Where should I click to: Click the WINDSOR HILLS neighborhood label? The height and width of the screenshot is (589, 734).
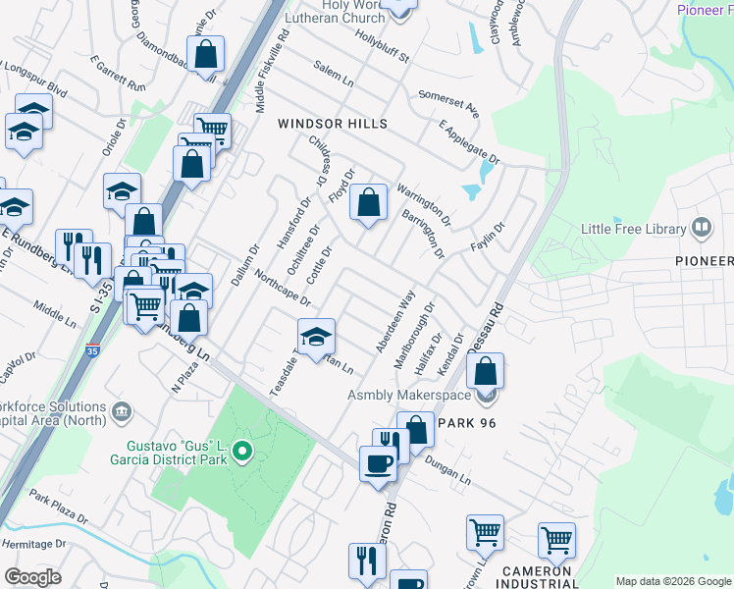(x=333, y=124)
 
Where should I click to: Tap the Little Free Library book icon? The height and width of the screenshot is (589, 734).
(x=702, y=229)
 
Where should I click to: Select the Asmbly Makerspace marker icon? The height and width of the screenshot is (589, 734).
(x=485, y=397)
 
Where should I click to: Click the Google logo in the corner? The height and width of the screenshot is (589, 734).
(x=33, y=577)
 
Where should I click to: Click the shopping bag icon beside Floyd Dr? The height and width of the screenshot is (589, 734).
(x=368, y=203)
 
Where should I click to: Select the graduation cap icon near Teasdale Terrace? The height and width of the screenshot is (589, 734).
(x=315, y=338)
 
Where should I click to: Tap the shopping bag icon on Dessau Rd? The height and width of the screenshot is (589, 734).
(x=485, y=372)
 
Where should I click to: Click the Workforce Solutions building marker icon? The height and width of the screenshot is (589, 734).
(x=122, y=409)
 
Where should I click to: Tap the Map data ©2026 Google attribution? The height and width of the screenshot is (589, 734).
(x=673, y=581)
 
